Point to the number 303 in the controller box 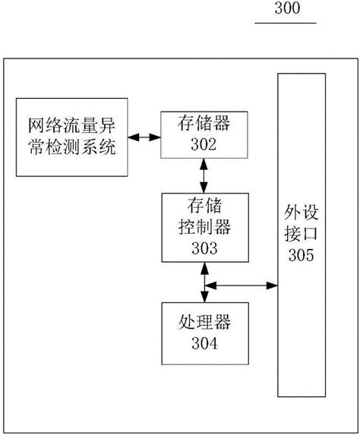[203, 247]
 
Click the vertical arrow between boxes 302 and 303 [203, 176]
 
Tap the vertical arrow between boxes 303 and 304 [203, 285]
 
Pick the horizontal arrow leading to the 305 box [242, 285]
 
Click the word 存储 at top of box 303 [203, 205]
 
